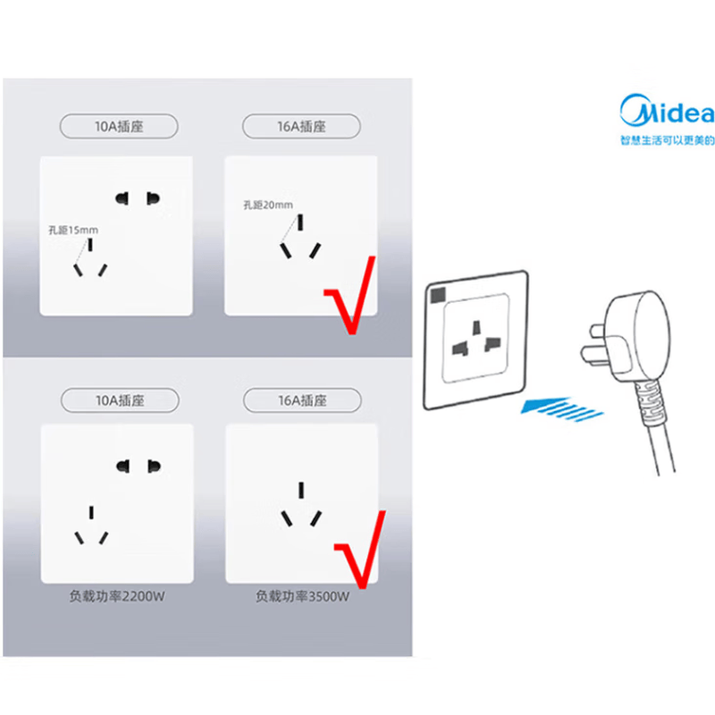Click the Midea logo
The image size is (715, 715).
pyautogui.click(x=667, y=110)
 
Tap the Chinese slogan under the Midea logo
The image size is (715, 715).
pyautogui.click(x=667, y=140)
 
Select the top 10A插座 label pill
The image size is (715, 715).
pyautogui.click(x=119, y=126)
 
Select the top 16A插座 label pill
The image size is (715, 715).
pyautogui.click(x=301, y=126)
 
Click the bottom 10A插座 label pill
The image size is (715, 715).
pyautogui.click(x=120, y=400)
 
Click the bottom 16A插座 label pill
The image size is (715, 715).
pyautogui.click(x=302, y=400)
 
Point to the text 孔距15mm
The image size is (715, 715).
pyautogui.click(x=73, y=230)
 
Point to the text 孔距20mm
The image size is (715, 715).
pyautogui.click(x=268, y=206)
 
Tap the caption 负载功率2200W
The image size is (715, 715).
pyautogui.click(x=117, y=596)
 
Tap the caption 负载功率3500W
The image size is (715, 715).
pyautogui.click(x=302, y=596)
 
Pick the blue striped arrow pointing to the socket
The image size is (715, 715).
pyautogui.click(x=562, y=408)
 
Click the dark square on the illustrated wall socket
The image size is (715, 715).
pyautogui.click(x=438, y=295)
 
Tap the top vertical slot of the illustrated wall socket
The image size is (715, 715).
pyautogui.click(x=476, y=327)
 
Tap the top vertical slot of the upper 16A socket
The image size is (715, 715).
pyautogui.click(x=300, y=223)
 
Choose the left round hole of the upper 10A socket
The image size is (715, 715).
pyautogui.click(x=122, y=198)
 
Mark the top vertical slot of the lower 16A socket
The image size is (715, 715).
pyautogui.click(x=301, y=490)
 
